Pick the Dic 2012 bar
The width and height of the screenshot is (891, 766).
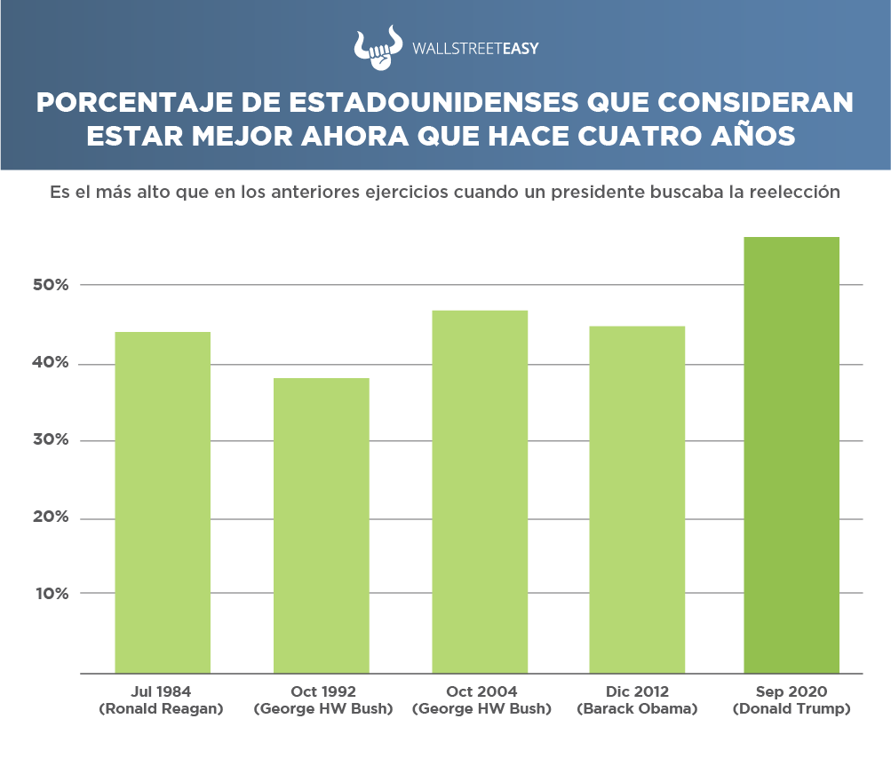pyautogui.click(x=638, y=499)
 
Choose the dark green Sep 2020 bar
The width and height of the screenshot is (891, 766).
pyautogui.click(x=792, y=454)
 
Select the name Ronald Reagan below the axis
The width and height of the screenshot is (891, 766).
pyautogui.click(x=163, y=709)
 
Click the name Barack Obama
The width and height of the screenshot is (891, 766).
pyautogui.click(x=638, y=709)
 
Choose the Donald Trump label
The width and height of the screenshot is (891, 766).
pyautogui.click(x=792, y=709)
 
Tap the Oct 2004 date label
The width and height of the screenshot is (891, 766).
pyautogui.click(x=480, y=691)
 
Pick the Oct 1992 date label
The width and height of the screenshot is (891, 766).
pyautogui.click(x=322, y=691)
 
